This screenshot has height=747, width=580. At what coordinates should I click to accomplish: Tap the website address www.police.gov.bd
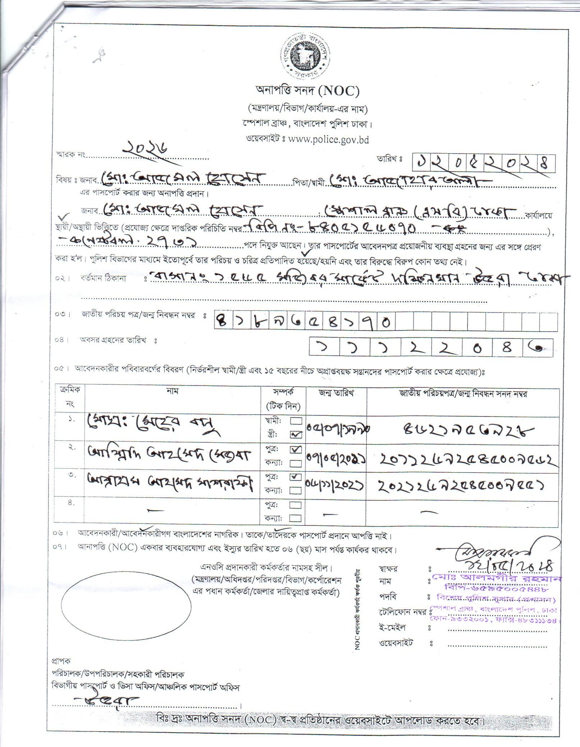328,139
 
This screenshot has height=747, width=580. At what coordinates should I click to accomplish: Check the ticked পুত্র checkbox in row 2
296,449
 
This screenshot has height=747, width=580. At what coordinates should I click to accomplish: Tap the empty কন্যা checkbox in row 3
296,490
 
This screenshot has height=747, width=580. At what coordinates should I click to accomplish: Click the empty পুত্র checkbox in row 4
296,505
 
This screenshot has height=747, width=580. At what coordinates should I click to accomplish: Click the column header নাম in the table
173,391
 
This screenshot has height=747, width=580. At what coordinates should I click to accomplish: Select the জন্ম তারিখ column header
336,393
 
